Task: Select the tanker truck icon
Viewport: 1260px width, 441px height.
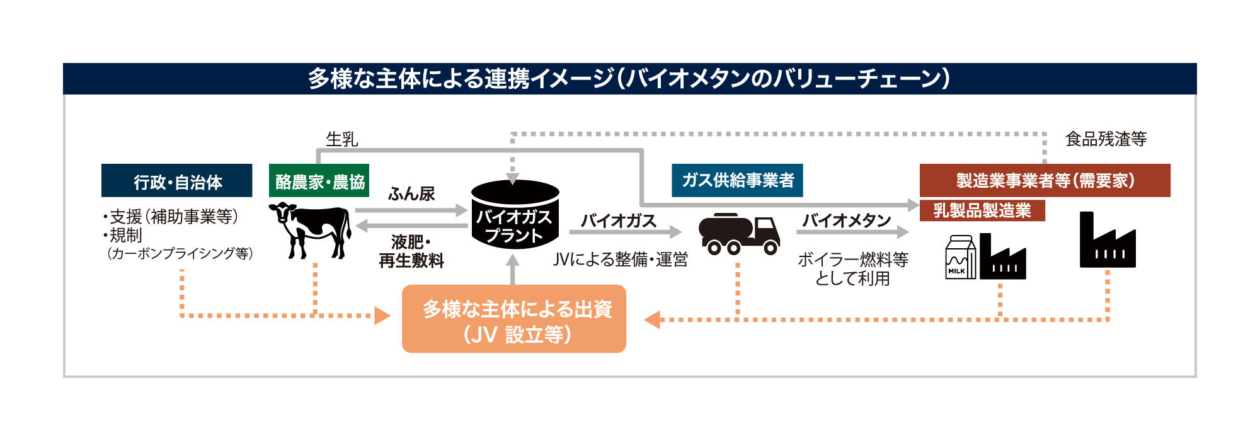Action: pos(739,234)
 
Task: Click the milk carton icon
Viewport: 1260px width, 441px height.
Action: pos(959,258)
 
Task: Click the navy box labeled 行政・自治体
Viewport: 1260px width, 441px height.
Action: pos(177,181)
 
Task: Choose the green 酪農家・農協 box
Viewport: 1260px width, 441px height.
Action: pos(319,181)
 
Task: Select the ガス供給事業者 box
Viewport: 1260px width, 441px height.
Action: pos(737,180)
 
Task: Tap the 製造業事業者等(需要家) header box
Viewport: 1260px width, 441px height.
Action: pos(1045,181)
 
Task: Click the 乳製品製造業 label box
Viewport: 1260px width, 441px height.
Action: pos(982,210)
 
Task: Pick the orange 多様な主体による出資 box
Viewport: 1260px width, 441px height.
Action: pos(514,319)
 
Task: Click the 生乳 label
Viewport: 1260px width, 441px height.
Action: pos(342,139)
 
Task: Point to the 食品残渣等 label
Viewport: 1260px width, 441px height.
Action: pos(1106,139)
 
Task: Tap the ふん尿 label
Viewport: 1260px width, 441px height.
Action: pos(411,193)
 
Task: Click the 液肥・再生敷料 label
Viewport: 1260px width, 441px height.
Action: pos(411,251)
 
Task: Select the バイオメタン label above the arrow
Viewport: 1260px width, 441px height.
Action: pos(846,220)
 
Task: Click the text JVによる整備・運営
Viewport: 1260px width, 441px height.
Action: pos(620,260)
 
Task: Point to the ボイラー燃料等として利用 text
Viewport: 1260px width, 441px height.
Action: pos(852,268)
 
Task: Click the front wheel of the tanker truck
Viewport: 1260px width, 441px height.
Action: pos(770,248)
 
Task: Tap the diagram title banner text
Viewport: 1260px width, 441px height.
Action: pos(629,79)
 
